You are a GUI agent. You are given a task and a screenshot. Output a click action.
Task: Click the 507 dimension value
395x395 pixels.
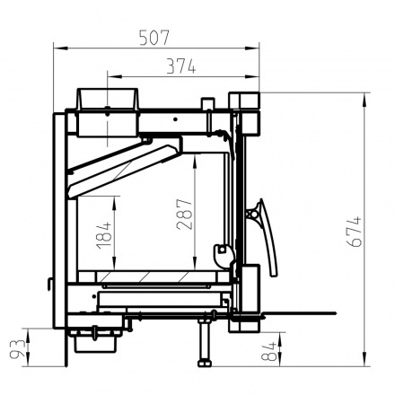point(154,37)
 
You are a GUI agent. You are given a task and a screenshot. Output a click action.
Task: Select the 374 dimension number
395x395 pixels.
point(181,66)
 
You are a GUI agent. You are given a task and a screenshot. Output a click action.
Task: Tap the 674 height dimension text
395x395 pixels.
point(355,232)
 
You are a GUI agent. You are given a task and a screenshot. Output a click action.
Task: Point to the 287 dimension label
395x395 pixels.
point(184,215)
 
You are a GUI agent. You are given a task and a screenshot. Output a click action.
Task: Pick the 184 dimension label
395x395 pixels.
point(104,235)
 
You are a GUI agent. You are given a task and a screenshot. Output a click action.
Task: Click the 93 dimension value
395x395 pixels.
point(17,348)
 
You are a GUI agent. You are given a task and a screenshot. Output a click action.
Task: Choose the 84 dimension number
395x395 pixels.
point(268,352)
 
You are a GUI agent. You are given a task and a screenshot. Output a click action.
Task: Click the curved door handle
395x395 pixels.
point(268,237)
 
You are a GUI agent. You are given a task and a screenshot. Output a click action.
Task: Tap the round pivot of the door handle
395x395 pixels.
point(254,214)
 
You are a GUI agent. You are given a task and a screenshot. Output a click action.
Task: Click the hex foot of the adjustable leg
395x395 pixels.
point(205,363)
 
